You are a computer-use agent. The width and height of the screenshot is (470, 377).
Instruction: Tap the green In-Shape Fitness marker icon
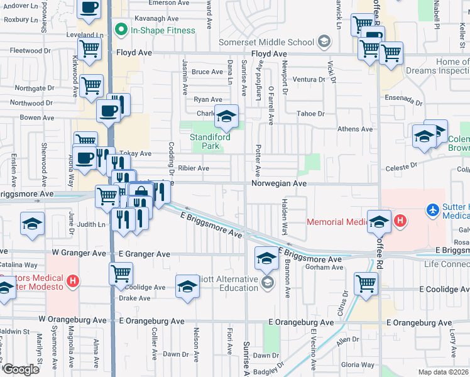(117, 29)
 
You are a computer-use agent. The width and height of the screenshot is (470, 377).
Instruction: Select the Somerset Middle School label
(266, 43)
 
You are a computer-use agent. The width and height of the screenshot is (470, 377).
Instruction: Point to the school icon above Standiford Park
(227, 116)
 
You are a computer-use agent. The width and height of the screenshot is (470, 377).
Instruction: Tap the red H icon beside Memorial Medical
(398, 221)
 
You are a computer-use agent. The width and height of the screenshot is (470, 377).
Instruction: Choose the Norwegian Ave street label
(279, 183)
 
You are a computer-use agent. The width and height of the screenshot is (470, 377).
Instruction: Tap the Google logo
(20, 369)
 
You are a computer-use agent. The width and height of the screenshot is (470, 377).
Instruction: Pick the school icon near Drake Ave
(187, 286)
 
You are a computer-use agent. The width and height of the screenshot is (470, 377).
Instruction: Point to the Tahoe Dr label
(310, 114)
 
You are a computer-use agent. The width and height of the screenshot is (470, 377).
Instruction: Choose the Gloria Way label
(359, 364)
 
